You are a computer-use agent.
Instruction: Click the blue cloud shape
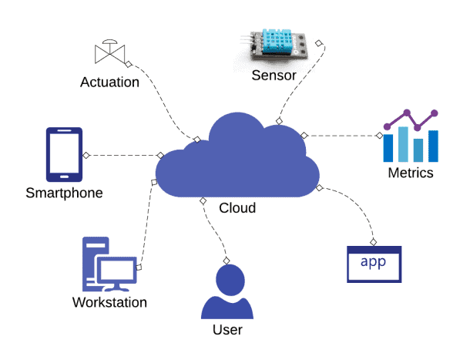[237, 162]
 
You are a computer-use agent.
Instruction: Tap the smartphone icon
[64, 154]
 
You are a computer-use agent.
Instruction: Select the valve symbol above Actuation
[109, 52]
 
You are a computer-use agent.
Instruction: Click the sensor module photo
[274, 45]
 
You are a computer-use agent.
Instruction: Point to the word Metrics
[411, 173]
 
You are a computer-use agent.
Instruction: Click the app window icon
[374, 264]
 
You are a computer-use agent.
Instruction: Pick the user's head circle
[230, 281]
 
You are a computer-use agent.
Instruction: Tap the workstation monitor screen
[117, 270]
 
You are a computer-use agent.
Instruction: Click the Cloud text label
[237, 208]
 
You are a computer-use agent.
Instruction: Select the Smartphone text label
[64, 193]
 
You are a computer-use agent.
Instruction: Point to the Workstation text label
[109, 302]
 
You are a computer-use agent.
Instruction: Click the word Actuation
[109, 82]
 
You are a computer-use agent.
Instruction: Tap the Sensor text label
[274, 76]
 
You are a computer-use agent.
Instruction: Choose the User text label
[227, 330]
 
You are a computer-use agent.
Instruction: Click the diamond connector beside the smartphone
[86, 156]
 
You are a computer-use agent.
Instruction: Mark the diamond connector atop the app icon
[373, 242]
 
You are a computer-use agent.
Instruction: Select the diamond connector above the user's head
[227, 261]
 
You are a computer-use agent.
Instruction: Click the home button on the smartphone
[64, 177]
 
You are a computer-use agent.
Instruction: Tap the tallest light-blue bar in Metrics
[403, 144]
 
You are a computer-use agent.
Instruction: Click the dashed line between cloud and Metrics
[341, 136]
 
